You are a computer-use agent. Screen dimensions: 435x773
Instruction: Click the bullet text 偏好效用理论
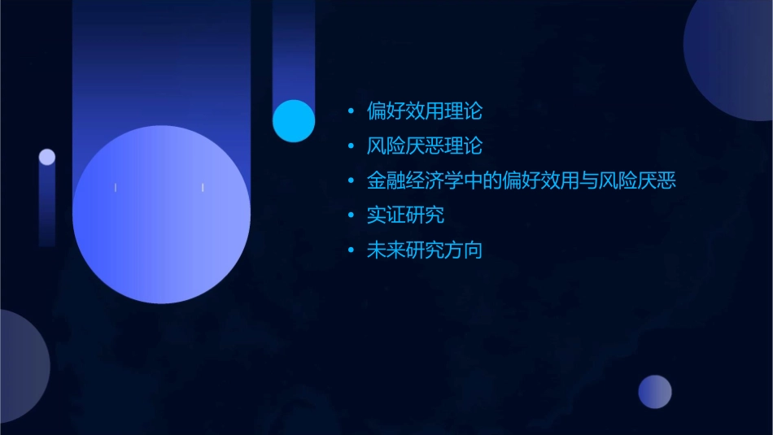[425, 111]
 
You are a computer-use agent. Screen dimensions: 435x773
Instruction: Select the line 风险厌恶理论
[425, 146]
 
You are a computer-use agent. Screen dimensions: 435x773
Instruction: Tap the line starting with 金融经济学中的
[522, 181]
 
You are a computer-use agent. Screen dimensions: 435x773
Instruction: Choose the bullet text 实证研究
[405, 215]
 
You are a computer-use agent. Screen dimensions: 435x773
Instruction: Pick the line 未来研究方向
[425, 250]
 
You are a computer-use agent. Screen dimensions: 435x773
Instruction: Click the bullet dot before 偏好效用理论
[351, 111]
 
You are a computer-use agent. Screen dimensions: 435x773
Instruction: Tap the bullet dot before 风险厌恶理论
[351, 146]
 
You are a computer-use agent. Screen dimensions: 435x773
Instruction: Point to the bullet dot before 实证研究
[351, 216]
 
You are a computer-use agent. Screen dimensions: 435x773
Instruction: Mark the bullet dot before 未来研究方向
[351, 250]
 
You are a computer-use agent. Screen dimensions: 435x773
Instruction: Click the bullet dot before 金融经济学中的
[351, 181]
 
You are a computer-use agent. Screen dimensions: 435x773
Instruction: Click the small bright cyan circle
[294, 120]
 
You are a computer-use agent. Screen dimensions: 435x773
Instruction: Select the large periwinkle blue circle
[161, 214]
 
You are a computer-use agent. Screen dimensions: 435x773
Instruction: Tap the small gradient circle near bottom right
[655, 391]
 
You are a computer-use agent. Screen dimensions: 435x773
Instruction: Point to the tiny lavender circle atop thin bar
[47, 157]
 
